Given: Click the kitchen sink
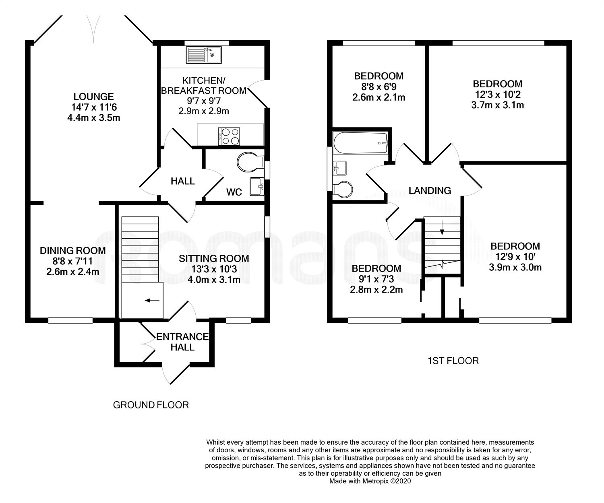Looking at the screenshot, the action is pyautogui.click(x=204, y=55).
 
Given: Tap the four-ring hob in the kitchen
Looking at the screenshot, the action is pyautogui.click(x=229, y=136).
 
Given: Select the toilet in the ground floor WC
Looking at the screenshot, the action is pyautogui.click(x=250, y=162).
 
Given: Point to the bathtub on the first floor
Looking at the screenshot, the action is pyautogui.click(x=360, y=143).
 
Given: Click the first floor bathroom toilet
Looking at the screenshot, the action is pyautogui.click(x=343, y=190).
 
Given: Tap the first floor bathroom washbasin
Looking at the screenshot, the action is pyautogui.click(x=339, y=168).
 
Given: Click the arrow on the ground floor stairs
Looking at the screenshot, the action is pyautogui.click(x=152, y=301).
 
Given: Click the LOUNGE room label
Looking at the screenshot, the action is pyautogui.click(x=93, y=97).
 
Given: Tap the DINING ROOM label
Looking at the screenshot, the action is pyautogui.click(x=72, y=250).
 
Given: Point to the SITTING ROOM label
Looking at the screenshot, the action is pyautogui.click(x=214, y=258).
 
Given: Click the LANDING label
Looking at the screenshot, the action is pyautogui.click(x=430, y=190).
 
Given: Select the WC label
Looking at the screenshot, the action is pyautogui.click(x=234, y=192).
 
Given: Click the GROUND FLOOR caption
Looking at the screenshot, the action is pyautogui.click(x=151, y=405).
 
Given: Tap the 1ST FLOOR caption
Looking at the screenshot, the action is pyautogui.click(x=453, y=361).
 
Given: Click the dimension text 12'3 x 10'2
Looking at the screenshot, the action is pyautogui.click(x=498, y=95).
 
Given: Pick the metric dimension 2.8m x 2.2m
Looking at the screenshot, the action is pyautogui.click(x=376, y=290).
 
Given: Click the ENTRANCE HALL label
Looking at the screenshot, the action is pyautogui.click(x=182, y=342).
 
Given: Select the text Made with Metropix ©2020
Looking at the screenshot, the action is pyautogui.click(x=370, y=481).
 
